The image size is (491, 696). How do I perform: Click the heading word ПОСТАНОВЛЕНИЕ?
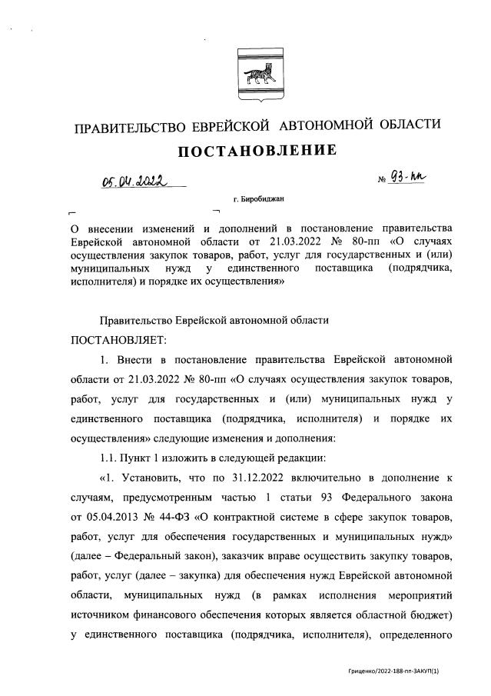257,151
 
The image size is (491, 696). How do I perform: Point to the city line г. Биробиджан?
257,198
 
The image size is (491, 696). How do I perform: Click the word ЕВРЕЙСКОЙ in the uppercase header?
230,125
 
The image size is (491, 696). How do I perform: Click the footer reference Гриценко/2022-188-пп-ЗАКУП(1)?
393,671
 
